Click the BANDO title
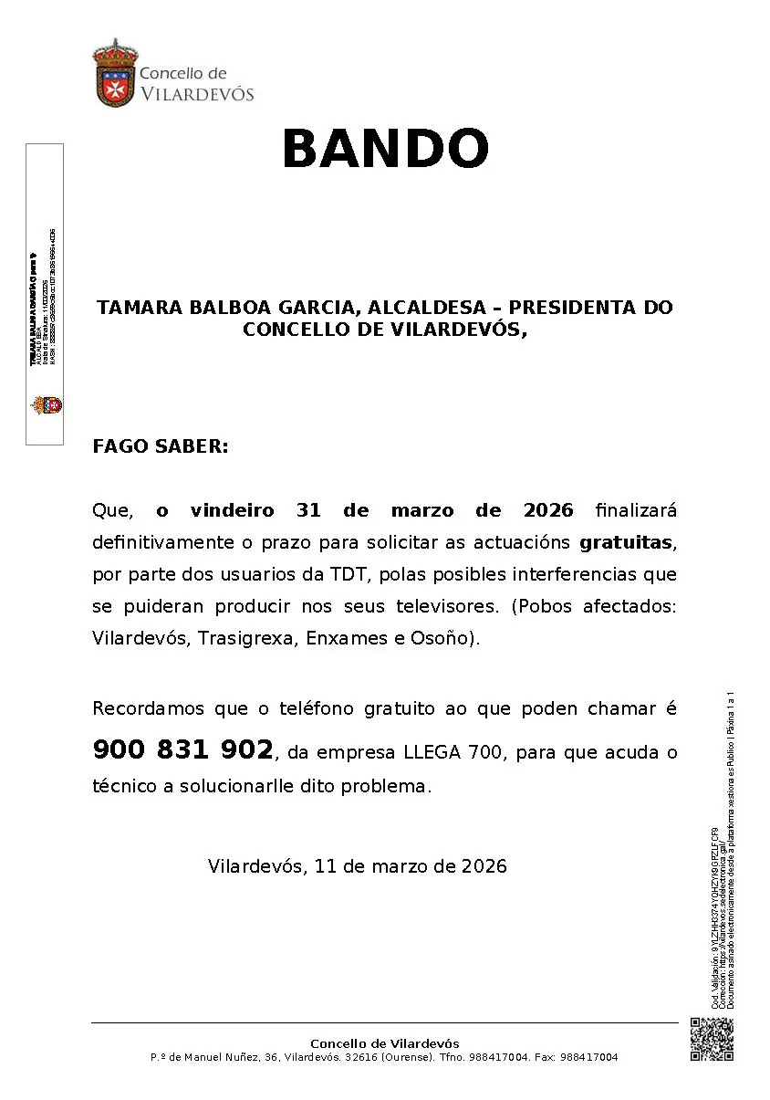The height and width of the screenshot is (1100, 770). [x=385, y=149]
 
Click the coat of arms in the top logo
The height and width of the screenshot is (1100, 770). [x=113, y=72]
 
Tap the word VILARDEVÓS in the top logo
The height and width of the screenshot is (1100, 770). [x=196, y=93]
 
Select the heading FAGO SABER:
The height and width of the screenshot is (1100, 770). [x=160, y=446]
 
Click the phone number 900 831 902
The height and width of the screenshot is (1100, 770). [x=182, y=750]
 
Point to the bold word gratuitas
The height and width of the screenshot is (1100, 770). [x=625, y=542]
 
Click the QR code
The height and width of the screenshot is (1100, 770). [x=712, y=1039]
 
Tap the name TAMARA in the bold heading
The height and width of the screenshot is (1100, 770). [x=138, y=308]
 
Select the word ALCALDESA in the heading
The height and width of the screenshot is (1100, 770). [x=426, y=308]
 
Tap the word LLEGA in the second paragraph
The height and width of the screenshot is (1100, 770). [x=432, y=753]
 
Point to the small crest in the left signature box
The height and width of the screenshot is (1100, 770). [x=45, y=404]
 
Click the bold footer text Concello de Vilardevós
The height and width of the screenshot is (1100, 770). [x=385, y=1043]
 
